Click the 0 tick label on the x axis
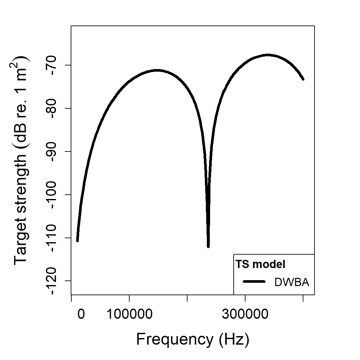[x=81, y=314]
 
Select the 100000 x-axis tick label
[x=129, y=314]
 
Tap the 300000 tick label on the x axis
[x=245, y=314]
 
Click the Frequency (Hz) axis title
[x=193, y=339]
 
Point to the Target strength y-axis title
[x=22, y=160]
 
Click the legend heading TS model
[x=261, y=264]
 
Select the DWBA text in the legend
[x=292, y=282]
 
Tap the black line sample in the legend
[x=254, y=281]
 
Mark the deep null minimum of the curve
[x=208, y=246]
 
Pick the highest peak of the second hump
[x=268, y=55]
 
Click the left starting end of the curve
[x=77, y=241]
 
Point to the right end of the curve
[x=303, y=79]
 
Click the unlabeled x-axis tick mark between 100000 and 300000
[x=187, y=298]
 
